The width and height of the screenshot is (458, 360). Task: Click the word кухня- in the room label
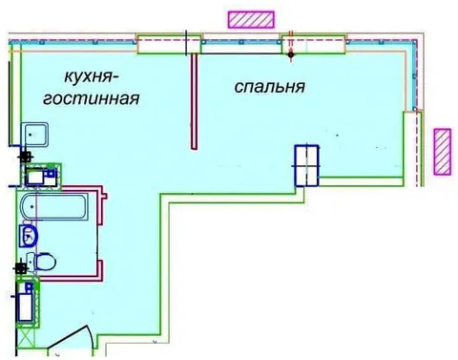(x=89, y=76)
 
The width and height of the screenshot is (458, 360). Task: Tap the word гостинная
(x=92, y=99)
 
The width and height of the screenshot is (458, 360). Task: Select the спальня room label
(x=270, y=87)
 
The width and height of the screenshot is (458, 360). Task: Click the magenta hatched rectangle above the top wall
(x=251, y=19)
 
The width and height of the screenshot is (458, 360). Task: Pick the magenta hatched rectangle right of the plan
(x=443, y=152)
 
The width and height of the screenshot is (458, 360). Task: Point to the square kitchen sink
(x=35, y=135)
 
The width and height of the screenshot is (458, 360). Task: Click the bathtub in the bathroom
(x=52, y=206)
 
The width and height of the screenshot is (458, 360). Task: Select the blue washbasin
(x=28, y=236)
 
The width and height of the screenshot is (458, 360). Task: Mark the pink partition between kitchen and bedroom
(x=194, y=101)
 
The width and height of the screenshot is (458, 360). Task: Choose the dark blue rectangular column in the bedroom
(x=306, y=165)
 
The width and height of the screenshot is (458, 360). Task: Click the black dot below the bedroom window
(x=291, y=55)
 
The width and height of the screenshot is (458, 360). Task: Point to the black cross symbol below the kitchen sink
(x=25, y=157)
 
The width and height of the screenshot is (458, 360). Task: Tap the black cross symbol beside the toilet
(x=21, y=268)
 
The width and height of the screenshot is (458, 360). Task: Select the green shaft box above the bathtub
(x=43, y=175)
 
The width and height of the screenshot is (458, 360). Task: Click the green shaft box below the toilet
(x=28, y=302)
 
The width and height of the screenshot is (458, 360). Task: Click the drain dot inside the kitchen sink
(x=30, y=135)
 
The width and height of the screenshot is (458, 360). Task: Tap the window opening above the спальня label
(x=314, y=44)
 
